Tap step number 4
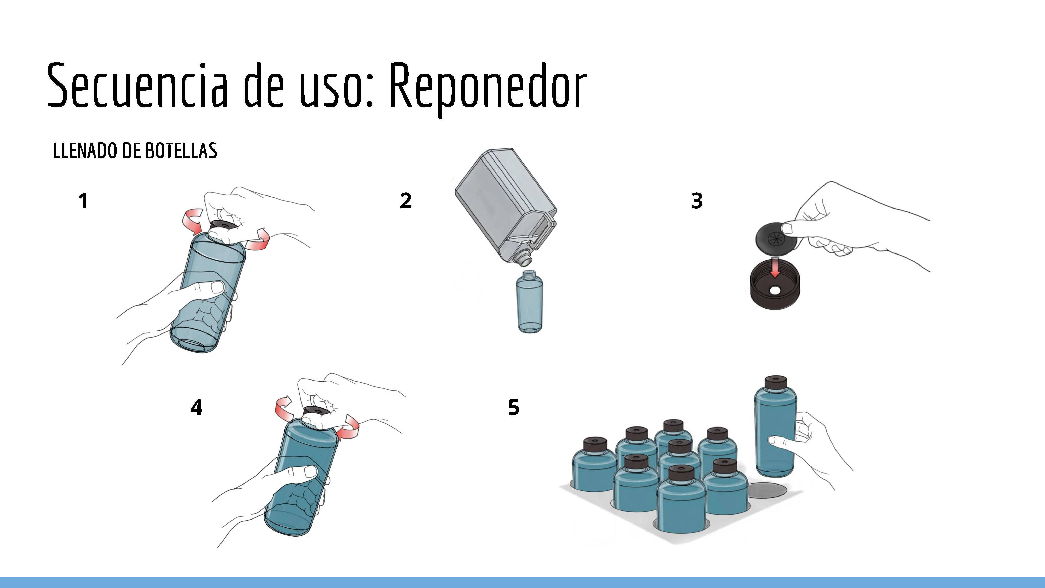click(196, 407)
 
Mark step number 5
click(514, 407)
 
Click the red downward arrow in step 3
click(775, 267)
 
